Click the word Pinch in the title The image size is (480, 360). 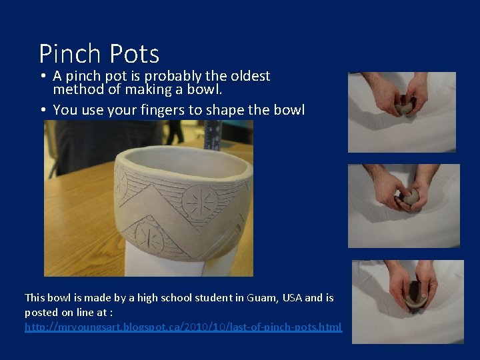(70, 54)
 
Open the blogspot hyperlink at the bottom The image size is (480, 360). (183, 327)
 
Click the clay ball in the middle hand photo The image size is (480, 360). (410, 196)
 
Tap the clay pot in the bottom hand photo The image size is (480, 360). (415, 293)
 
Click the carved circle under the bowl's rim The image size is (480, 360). (198, 200)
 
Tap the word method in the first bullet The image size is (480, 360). (75, 89)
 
